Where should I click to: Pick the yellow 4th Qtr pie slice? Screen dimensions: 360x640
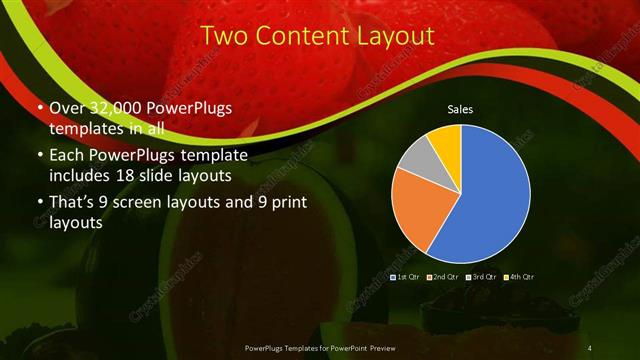(x=445, y=142)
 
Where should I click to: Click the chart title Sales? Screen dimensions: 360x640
(x=460, y=109)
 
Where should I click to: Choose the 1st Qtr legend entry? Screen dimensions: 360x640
(x=406, y=276)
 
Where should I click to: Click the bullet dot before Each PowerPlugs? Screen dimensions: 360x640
(x=39, y=158)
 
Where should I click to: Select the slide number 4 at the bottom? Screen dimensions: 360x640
(x=590, y=346)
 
